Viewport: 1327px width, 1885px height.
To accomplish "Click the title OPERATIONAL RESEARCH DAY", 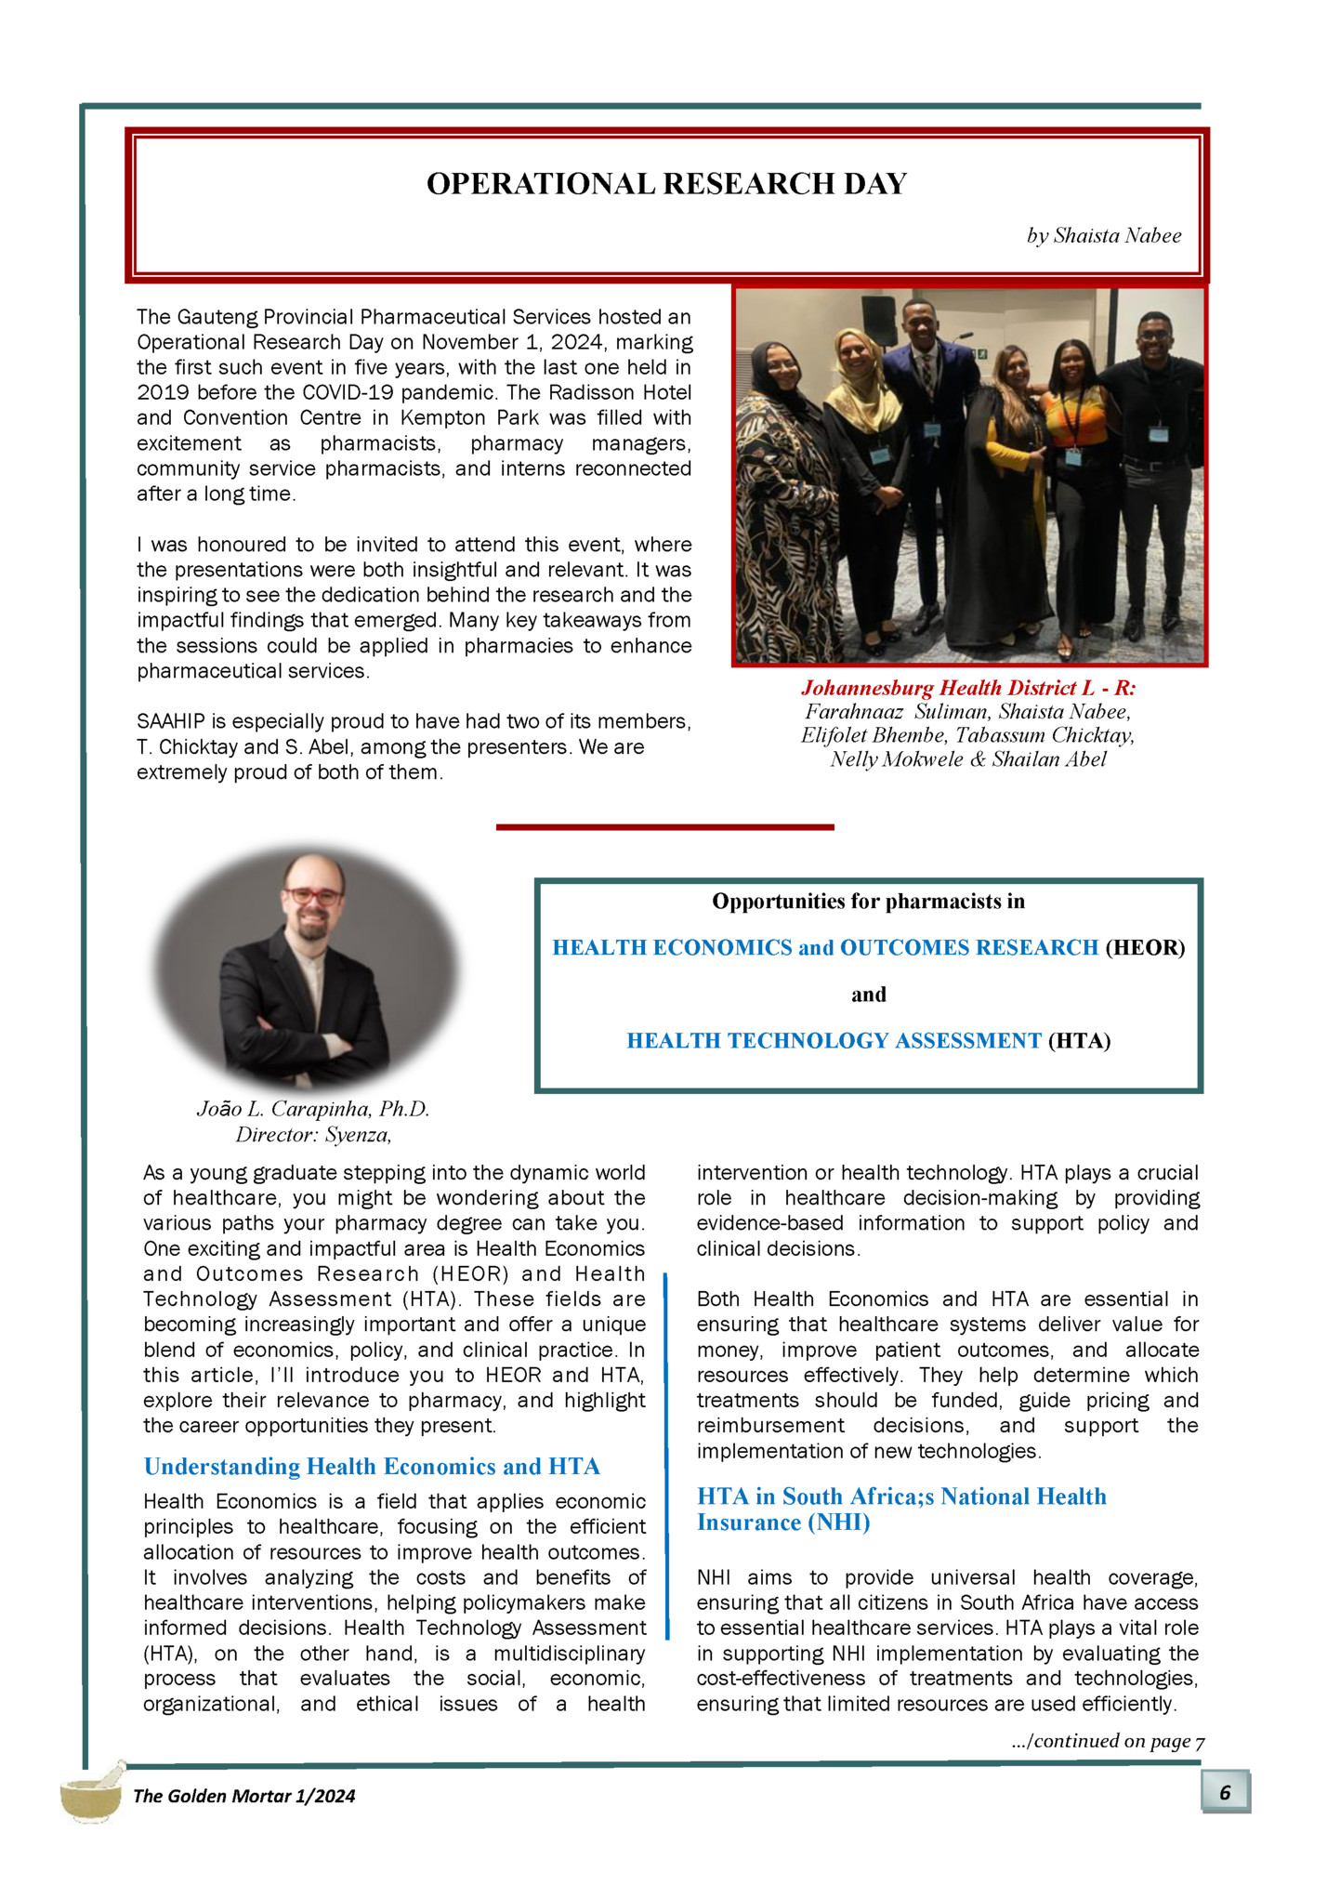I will [x=666, y=184].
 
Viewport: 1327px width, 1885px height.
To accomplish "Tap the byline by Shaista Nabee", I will [x=1103, y=236].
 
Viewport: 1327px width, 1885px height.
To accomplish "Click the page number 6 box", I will [x=1225, y=1792].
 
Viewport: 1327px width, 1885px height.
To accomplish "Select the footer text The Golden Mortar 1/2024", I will [x=243, y=1796].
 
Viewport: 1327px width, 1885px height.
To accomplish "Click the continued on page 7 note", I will [x=1108, y=1741].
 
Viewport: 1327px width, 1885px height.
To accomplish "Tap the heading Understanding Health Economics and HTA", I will [x=372, y=1467].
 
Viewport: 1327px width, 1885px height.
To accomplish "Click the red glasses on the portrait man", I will [x=313, y=896].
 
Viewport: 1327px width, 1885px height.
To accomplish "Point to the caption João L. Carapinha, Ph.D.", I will [x=313, y=1109].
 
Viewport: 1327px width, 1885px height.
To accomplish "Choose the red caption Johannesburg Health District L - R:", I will [x=968, y=688].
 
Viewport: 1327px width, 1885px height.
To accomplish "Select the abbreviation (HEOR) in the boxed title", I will [x=1145, y=948].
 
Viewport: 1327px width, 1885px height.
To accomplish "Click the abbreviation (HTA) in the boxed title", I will [x=1079, y=1041].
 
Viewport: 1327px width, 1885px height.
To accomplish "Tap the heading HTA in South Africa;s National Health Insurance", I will [x=901, y=1509].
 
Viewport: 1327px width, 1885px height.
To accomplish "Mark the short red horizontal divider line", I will [x=664, y=826].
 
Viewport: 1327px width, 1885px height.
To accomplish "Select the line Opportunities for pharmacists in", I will [x=868, y=902].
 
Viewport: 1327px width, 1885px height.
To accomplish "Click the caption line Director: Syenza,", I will [x=313, y=1135].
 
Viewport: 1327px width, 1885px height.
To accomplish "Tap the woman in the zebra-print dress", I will [x=785, y=502].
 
